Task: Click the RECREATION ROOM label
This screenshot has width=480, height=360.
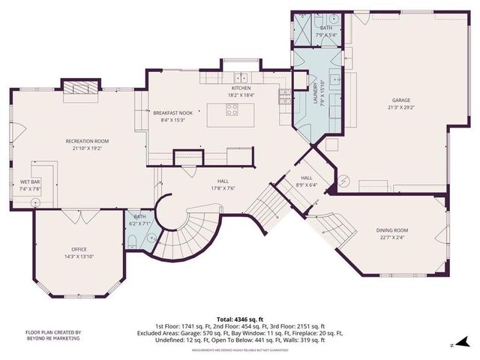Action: pyautogui.click(x=87, y=141)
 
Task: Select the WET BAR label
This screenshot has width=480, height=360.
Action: pyautogui.click(x=30, y=182)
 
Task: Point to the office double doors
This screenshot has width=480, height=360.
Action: pyautogui.click(x=78, y=215)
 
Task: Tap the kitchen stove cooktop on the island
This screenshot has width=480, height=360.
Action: pyautogui.click(x=232, y=107)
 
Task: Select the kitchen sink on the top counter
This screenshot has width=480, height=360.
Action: pyautogui.click(x=240, y=77)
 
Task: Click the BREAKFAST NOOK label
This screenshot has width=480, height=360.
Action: pyautogui.click(x=172, y=112)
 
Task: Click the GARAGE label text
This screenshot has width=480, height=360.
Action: pyautogui.click(x=400, y=99)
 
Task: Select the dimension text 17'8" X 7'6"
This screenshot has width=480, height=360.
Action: pyautogui.click(x=223, y=188)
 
